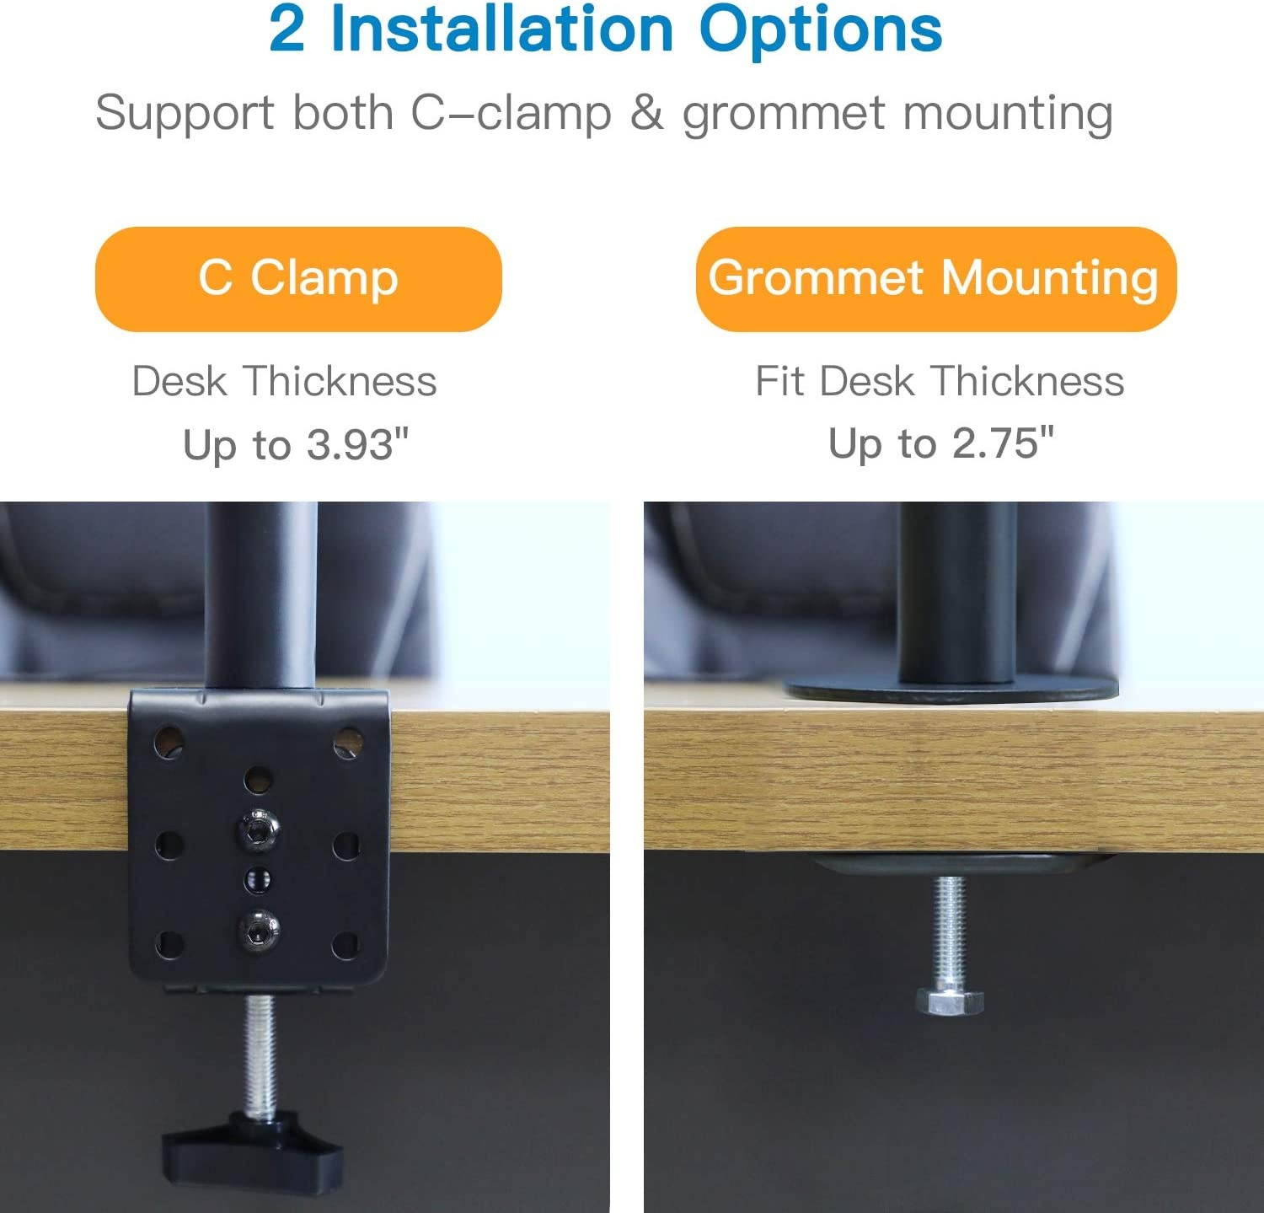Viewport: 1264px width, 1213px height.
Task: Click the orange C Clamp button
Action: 298,279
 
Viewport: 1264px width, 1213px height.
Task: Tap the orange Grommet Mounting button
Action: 935,279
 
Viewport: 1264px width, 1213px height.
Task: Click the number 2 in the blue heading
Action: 287,30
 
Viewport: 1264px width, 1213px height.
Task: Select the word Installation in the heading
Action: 502,30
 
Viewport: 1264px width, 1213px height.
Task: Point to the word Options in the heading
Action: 820,30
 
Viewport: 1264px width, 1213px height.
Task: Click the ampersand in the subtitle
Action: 646,113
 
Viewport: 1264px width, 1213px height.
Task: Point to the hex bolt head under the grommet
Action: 950,1002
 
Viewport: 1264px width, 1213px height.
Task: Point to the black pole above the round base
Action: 958,590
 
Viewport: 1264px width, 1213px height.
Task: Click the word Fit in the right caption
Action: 779,381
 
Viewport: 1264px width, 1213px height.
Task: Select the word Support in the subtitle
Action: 185,113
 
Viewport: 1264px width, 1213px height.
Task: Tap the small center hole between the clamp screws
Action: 257,880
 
